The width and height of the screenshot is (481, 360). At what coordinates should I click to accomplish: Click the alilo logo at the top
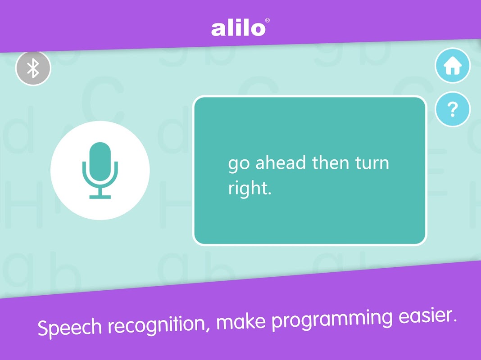[x=238, y=28]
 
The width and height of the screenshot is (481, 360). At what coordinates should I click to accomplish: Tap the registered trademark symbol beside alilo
[x=267, y=20]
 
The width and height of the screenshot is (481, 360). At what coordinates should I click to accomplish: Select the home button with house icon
[x=453, y=66]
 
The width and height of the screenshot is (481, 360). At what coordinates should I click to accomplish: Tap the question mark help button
[x=453, y=109]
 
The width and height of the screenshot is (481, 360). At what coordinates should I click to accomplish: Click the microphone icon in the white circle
[x=100, y=170]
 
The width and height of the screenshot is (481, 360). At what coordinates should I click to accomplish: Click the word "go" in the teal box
[x=238, y=163]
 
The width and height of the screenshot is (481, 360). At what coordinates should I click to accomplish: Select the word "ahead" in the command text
[x=281, y=162]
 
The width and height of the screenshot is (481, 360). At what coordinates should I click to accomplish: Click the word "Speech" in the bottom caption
[x=69, y=327]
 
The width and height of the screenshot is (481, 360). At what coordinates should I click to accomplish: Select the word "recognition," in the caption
[x=159, y=324]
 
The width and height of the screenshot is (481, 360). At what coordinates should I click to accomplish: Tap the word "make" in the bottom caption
[x=241, y=321]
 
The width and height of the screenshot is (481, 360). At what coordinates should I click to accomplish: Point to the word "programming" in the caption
[x=332, y=319]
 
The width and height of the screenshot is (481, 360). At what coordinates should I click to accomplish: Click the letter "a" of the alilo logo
[x=218, y=30]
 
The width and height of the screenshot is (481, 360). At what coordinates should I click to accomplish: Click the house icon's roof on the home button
[x=453, y=62]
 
